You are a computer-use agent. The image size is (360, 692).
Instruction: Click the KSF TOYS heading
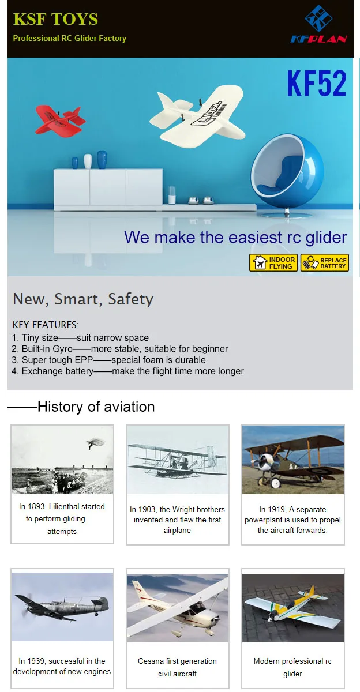pos(55,19)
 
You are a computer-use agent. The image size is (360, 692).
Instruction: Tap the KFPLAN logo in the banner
pos(318,24)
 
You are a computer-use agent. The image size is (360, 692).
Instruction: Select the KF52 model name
pos(317,84)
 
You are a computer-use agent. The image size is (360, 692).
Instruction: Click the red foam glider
pos(60,119)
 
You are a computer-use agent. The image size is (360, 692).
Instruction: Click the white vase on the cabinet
pos(88,161)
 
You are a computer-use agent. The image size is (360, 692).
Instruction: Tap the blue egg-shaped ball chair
pos(287,174)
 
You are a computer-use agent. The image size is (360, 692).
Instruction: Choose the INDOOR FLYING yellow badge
pos(273,263)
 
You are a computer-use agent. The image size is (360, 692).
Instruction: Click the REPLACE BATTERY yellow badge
pos(325,263)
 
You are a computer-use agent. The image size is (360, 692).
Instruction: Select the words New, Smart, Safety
pos(83,299)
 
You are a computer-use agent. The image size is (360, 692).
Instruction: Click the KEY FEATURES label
pos(46,325)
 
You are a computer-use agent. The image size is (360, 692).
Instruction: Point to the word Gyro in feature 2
pos(62,349)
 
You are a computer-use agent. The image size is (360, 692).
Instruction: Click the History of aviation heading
pos(96,407)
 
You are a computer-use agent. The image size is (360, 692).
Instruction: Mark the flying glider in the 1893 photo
pos(95,443)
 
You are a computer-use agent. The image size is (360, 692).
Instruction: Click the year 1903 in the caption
pos(147,509)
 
